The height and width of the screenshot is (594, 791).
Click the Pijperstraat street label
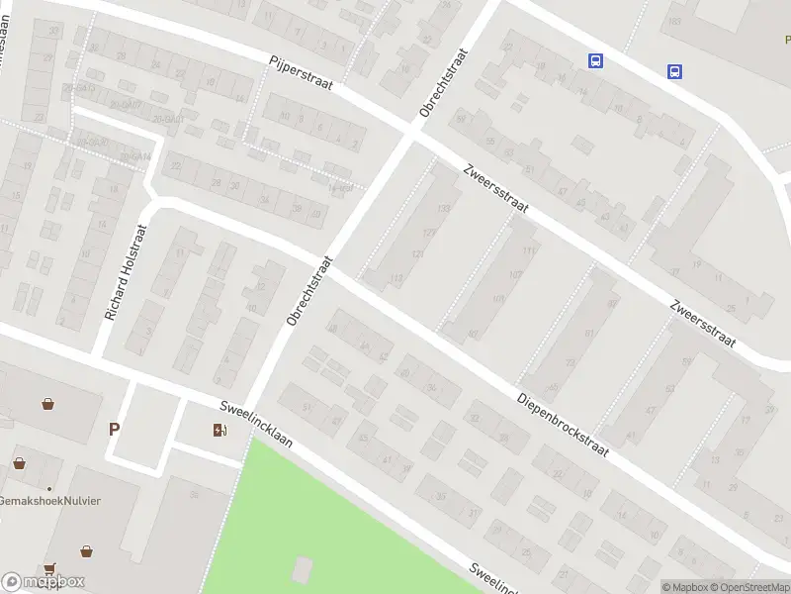point(302,73)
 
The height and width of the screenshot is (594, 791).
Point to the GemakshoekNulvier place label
point(50,500)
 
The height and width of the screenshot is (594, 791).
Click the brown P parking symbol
point(115,429)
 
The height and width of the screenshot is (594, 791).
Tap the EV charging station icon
point(219,429)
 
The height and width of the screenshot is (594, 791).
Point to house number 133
point(443,208)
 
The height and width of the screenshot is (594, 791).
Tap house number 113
point(397,279)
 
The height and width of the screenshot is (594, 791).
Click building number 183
point(675,21)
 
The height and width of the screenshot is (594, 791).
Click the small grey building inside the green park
point(303,569)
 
